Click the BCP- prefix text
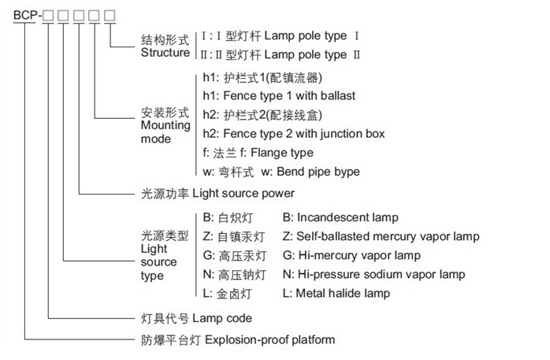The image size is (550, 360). coord(28,16)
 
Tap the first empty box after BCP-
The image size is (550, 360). coord(48,16)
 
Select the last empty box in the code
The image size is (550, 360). coord(110,16)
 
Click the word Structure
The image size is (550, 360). coord(165,53)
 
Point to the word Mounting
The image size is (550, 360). coord(165,126)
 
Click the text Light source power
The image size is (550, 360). coord(243,194)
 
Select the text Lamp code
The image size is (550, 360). coord(222,318)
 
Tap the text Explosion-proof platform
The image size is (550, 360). coord(269,340)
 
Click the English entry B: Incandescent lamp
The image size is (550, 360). coord(340,217)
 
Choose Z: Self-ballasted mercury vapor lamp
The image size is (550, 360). coord(381,236)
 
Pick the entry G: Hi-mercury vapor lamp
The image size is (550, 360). coord(351,255)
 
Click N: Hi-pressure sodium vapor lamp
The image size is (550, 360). coord(374,274)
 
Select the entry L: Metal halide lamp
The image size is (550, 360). coord(336,293)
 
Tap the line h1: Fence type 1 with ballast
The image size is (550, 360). coord(279,95)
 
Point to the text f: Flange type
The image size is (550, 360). coord(277,153)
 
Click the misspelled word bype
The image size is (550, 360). coord(347,172)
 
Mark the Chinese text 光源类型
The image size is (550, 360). coord(165,236)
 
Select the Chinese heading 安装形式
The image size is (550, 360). coord(165,113)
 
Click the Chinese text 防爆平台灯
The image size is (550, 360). coord(171,340)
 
